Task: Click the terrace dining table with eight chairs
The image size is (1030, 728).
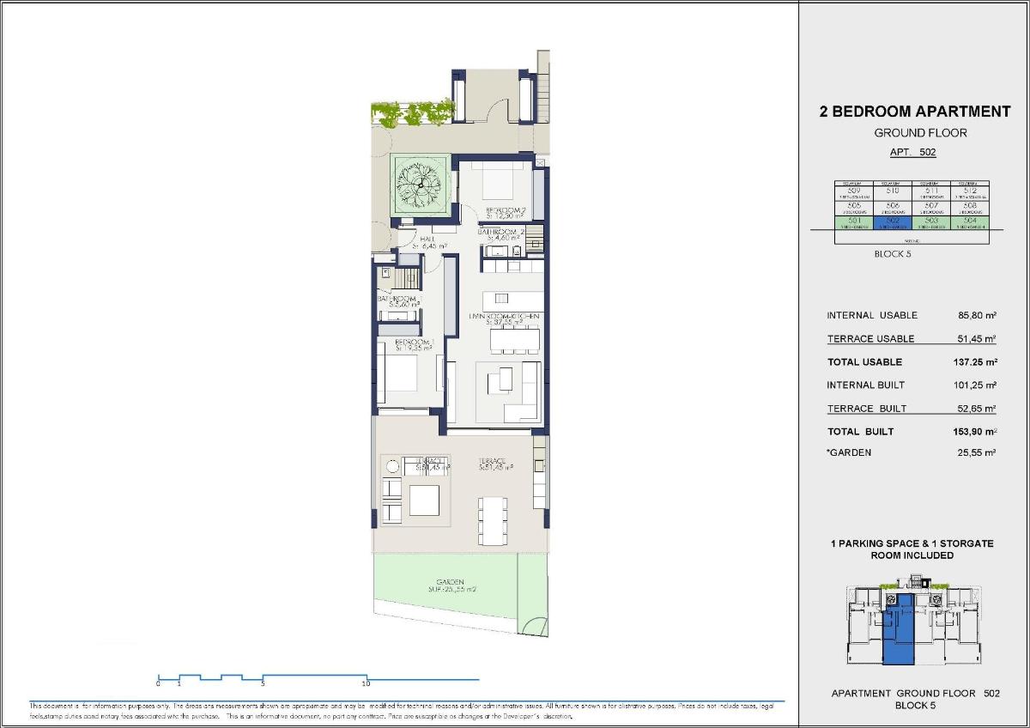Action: pos(493,520)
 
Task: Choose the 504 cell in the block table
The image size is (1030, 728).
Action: pos(970,221)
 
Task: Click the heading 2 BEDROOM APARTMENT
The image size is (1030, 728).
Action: pos(915,112)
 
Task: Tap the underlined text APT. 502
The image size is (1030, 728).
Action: pos(912,152)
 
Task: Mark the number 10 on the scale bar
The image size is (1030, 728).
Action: pos(366,684)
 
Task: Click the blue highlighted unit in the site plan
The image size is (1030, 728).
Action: pos(898,635)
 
